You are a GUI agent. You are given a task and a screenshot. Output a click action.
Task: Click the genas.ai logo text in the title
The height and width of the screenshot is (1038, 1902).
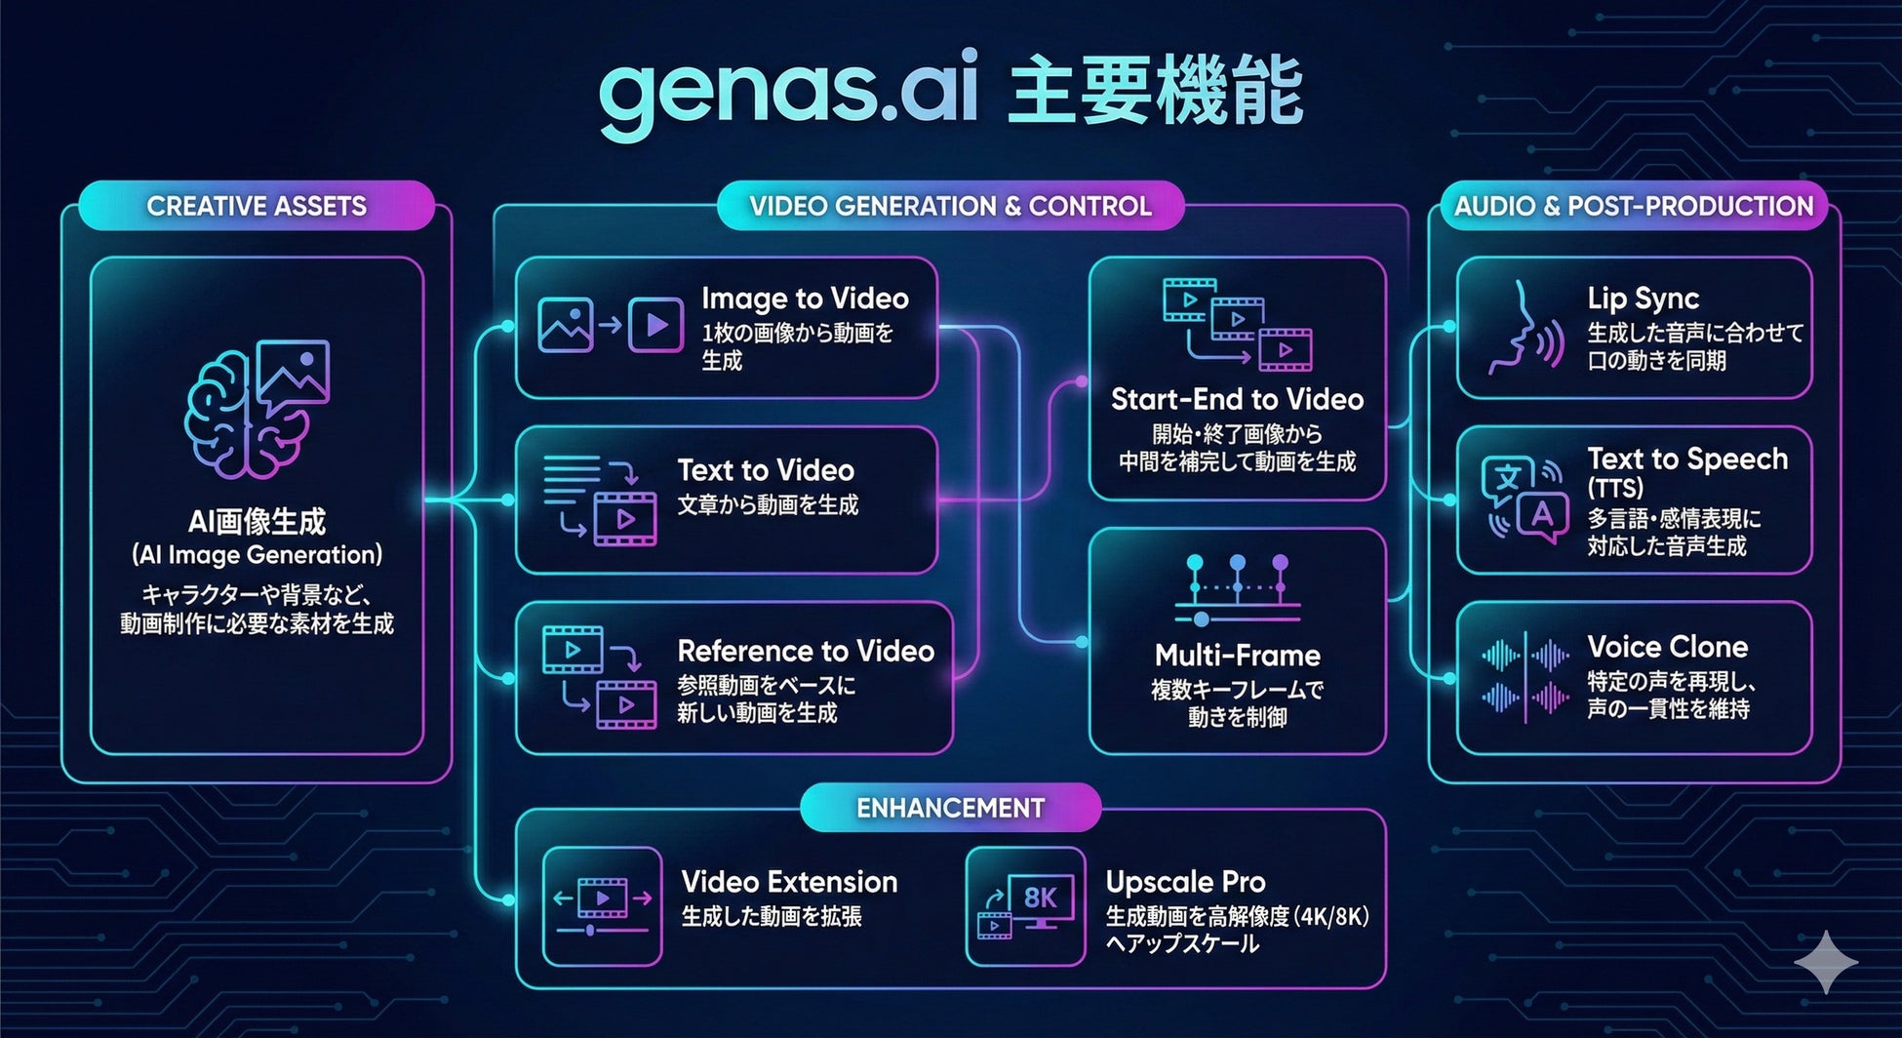(x=788, y=95)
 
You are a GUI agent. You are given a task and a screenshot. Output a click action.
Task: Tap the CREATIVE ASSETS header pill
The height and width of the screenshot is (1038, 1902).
(x=257, y=206)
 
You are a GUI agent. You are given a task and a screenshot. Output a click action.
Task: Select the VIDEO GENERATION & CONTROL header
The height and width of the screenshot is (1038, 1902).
(x=950, y=206)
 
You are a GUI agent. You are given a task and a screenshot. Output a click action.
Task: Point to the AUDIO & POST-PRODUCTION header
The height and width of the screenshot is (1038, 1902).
(x=1633, y=206)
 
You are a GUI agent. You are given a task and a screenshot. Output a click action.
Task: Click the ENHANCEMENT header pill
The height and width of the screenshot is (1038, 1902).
(x=950, y=808)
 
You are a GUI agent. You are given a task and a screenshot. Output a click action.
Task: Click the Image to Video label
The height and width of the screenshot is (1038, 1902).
(x=805, y=299)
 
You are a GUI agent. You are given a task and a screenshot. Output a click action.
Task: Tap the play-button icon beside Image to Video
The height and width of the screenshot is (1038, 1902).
(x=655, y=325)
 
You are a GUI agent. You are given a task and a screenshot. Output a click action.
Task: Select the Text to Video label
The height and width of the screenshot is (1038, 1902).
(x=766, y=470)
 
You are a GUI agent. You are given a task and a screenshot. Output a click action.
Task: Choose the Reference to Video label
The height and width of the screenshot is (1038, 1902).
(x=806, y=651)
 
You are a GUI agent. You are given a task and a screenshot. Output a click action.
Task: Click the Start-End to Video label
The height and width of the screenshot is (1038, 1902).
(x=1237, y=399)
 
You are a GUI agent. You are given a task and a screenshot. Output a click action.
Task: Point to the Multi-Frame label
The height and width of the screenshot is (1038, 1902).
(x=1237, y=655)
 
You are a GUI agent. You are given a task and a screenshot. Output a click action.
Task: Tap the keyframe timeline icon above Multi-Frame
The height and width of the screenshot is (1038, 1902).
(x=1237, y=589)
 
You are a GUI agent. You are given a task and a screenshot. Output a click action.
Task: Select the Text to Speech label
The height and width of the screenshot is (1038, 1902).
(x=1687, y=459)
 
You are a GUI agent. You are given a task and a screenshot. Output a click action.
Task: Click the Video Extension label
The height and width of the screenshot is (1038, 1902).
(x=789, y=882)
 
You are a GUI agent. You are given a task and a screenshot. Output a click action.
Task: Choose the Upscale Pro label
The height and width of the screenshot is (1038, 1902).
(x=1185, y=882)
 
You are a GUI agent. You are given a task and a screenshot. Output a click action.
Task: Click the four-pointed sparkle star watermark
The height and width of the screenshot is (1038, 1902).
(x=1827, y=961)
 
